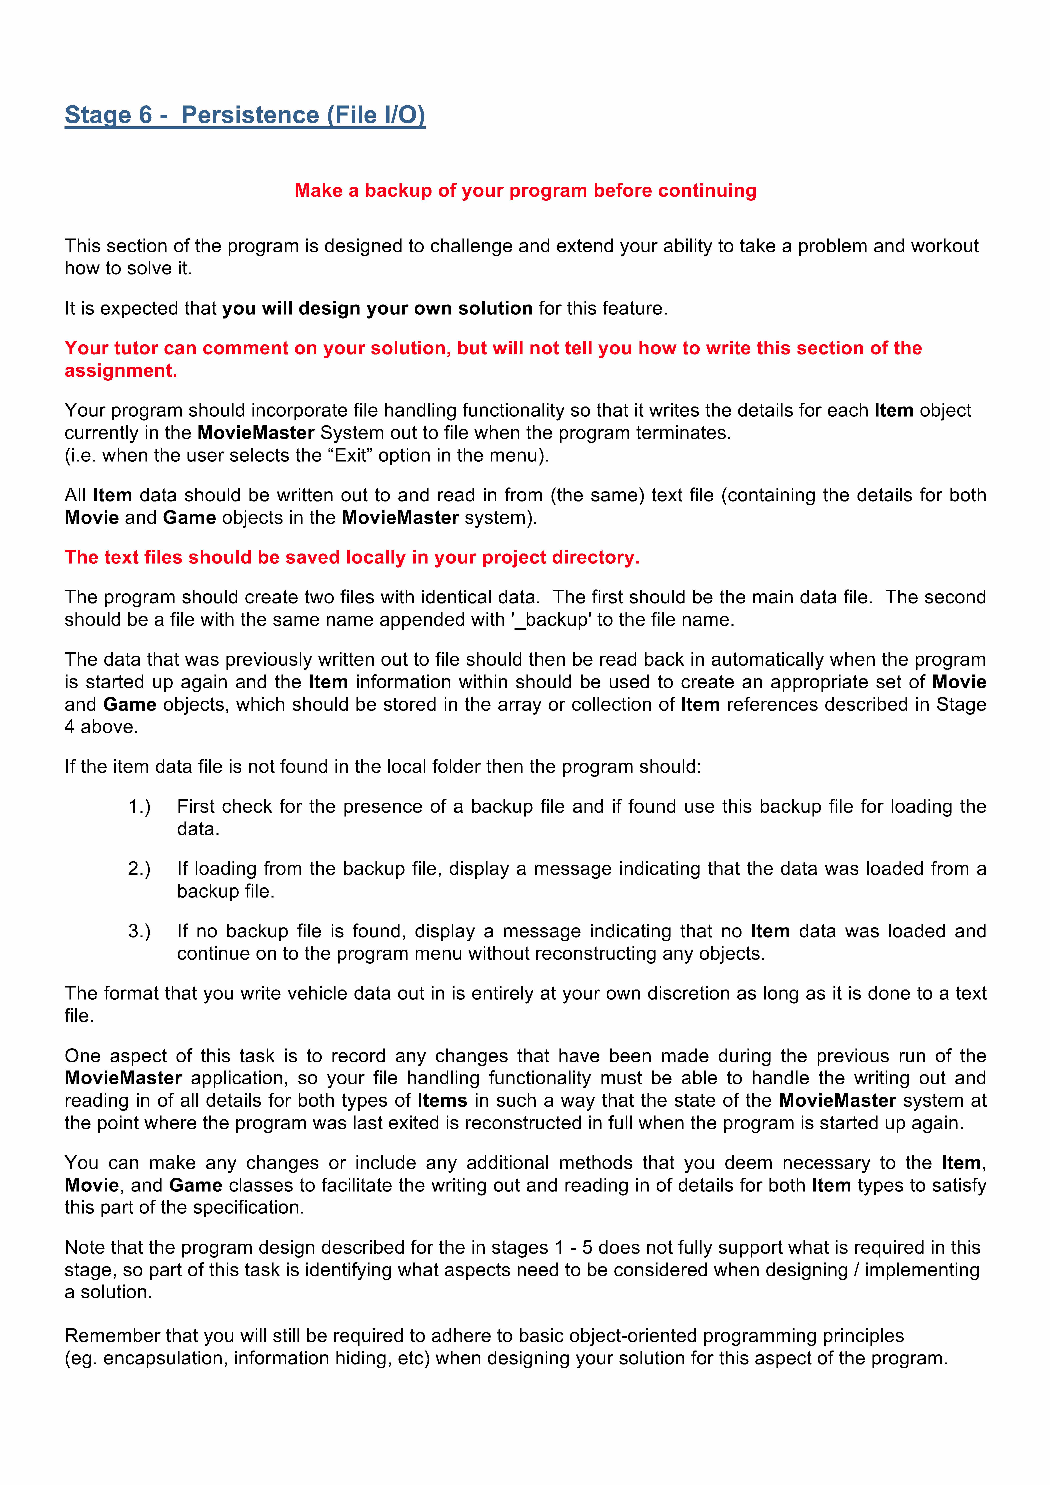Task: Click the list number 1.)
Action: (139, 806)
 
